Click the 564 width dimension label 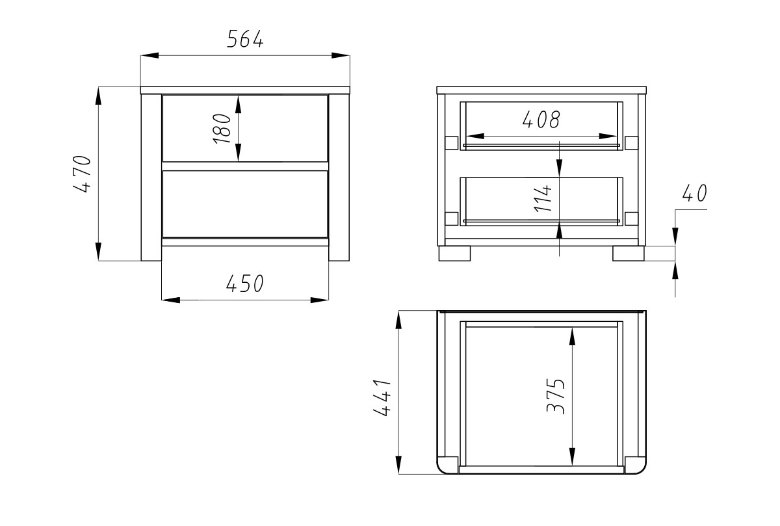(245, 39)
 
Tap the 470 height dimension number (82, 174)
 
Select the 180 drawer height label (222, 129)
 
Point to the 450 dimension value (245, 283)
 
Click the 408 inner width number (541, 120)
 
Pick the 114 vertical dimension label (543, 198)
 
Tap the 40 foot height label (694, 193)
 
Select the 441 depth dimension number (382, 397)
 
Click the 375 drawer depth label (555, 396)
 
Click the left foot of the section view (454, 254)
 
